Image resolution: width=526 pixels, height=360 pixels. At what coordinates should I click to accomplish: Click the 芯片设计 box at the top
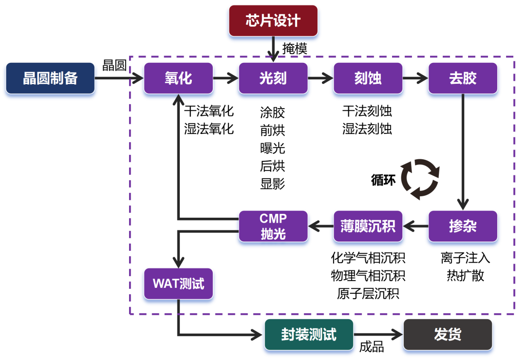pyautogui.click(x=273, y=21)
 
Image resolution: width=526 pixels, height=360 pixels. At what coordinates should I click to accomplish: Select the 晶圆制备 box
pyautogui.click(x=50, y=78)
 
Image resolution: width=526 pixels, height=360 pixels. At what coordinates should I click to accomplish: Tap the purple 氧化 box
pyautogui.click(x=178, y=78)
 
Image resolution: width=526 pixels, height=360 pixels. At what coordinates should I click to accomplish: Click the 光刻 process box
pyautogui.click(x=273, y=78)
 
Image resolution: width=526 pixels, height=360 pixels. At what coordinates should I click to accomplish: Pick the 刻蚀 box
pyautogui.click(x=368, y=78)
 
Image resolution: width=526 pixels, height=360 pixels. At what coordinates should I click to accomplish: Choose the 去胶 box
pyautogui.click(x=463, y=78)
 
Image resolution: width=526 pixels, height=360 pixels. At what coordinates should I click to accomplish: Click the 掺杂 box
pyautogui.click(x=463, y=227)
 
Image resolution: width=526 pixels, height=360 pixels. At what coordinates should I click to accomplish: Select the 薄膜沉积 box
pyautogui.click(x=368, y=227)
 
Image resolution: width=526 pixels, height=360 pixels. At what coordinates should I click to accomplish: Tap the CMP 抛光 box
pyautogui.click(x=273, y=227)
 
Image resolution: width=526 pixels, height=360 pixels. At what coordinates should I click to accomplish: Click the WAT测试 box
pyautogui.click(x=178, y=284)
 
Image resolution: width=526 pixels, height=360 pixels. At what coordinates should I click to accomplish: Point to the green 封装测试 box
pyautogui.click(x=309, y=335)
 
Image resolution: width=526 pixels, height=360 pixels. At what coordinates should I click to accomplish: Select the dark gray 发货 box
pyautogui.click(x=448, y=335)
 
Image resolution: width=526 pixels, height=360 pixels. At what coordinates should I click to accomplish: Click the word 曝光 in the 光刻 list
pyautogui.click(x=273, y=148)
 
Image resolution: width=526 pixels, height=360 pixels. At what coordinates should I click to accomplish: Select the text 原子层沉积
pyautogui.click(x=368, y=294)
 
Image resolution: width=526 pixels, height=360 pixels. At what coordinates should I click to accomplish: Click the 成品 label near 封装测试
pyautogui.click(x=372, y=347)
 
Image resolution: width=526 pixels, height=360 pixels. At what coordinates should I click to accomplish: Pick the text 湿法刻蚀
pyautogui.click(x=367, y=129)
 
